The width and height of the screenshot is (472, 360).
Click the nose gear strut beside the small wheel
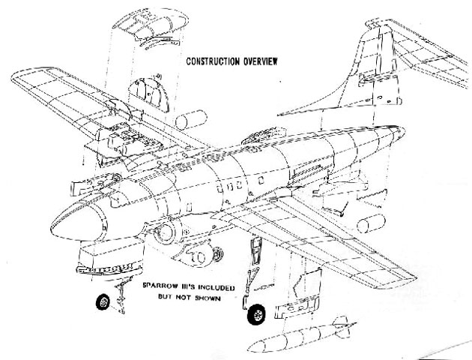116,292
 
